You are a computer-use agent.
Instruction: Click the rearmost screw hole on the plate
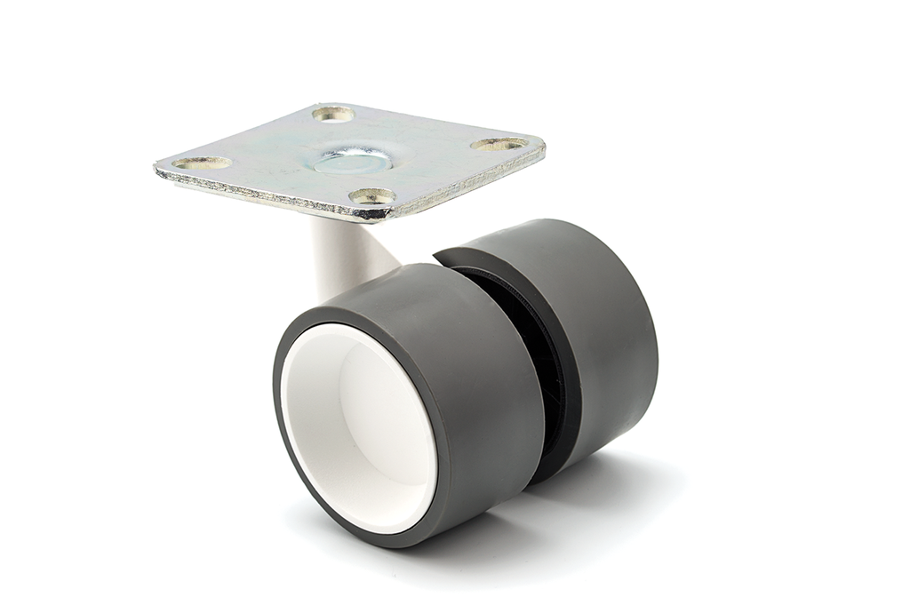click(334, 114)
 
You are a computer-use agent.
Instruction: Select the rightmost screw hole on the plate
click(499, 144)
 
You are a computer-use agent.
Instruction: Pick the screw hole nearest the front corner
click(371, 195)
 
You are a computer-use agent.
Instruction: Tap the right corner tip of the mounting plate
click(544, 148)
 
